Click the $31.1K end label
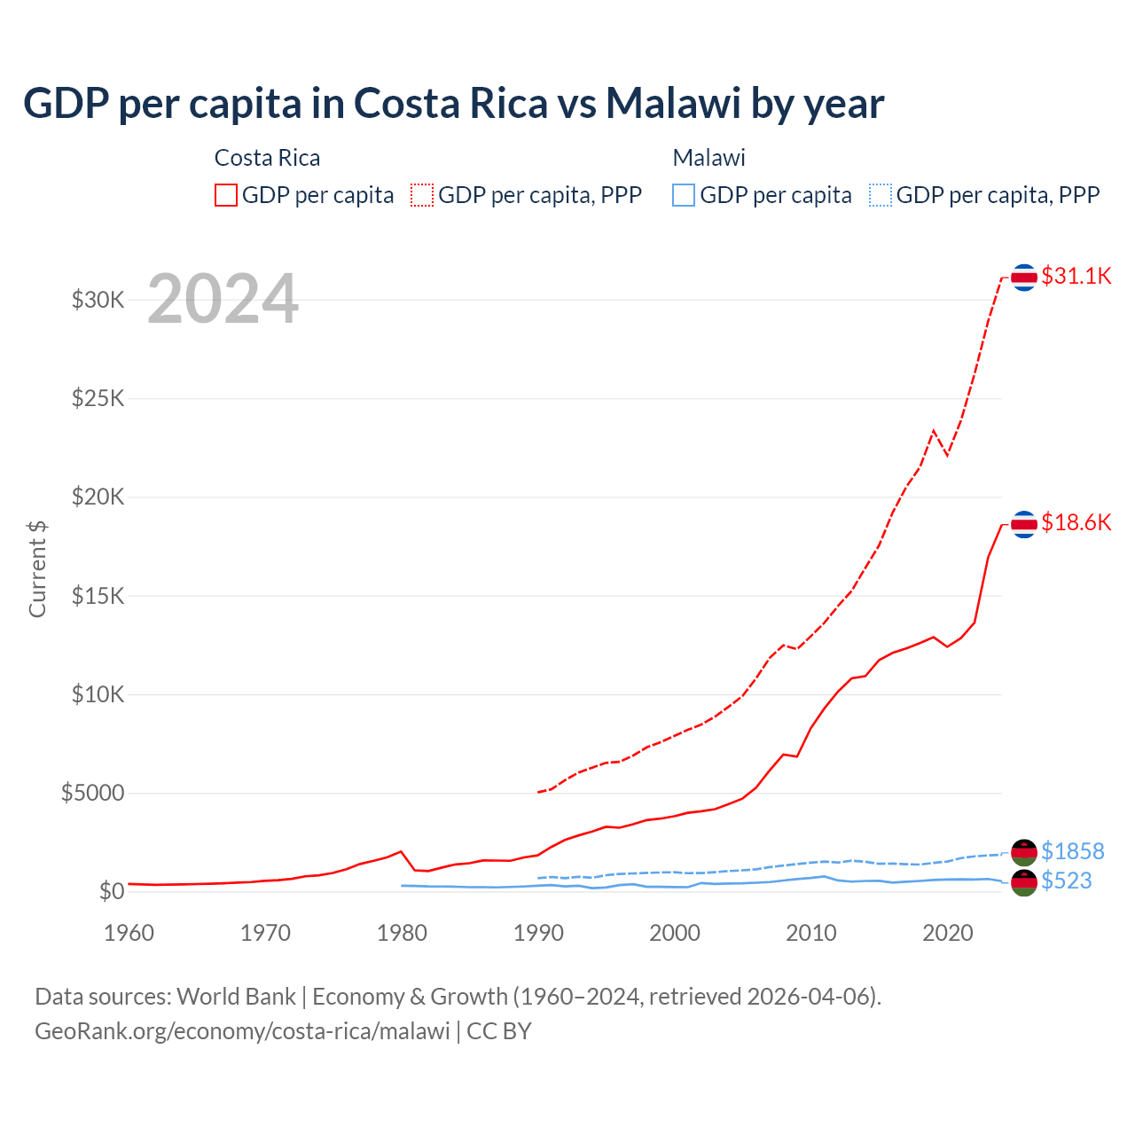[1076, 276]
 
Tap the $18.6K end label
[1076, 522]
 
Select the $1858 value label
[1072, 851]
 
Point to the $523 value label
[1066, 881]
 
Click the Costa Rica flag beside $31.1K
[1024, 278]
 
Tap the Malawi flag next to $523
[1024, 882]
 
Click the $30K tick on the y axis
[98, 300]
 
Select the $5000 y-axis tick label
[92, 793]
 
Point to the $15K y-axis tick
[98, 596]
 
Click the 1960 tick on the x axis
[129, 933]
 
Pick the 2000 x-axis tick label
[675, 933]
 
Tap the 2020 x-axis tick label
[948, 933]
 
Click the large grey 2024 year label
[223, 299]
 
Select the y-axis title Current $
[37, 569]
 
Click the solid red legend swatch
[226, 195]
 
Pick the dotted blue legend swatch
[881, 195]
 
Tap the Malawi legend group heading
[708, 158]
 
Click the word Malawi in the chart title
[673, 103]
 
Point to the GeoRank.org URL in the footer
[242, 1031]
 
